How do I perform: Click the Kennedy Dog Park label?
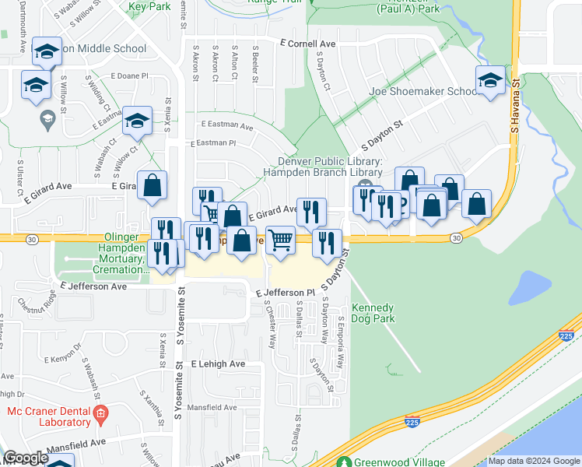[x=373, y=313]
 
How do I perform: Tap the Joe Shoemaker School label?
[x=423, y=91]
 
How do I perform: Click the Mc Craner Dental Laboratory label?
[x=48, y=416]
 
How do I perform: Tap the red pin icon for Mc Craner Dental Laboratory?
[x=100, y=417]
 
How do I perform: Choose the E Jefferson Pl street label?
[x=284, y=293]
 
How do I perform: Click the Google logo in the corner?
[x=26, y=458]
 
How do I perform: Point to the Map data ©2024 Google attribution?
[x=534, y=461]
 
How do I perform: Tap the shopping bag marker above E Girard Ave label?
[x=153, y=185]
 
